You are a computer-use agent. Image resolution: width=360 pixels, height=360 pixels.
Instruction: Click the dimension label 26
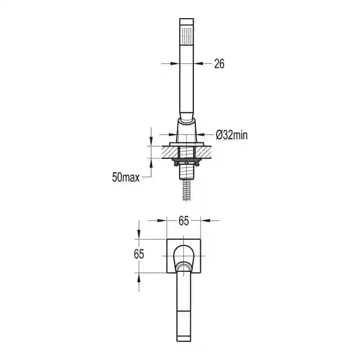(219, 64)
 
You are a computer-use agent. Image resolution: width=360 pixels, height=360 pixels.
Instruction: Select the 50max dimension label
(126, 177)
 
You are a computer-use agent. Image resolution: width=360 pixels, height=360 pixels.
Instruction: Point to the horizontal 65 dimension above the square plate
(184, 221)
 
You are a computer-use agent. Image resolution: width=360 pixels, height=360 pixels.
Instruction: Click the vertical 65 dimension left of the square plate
(139, 254)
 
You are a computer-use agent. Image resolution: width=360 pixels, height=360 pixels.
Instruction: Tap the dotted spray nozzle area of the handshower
(186, 35)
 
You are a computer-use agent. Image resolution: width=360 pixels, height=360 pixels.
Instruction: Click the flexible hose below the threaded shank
(186, 190)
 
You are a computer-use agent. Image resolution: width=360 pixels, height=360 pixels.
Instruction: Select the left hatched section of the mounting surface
(170, 152)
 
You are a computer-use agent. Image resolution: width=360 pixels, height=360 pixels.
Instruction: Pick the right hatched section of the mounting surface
(203, 152)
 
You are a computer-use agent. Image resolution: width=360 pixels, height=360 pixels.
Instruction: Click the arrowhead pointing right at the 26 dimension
(175, 64)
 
